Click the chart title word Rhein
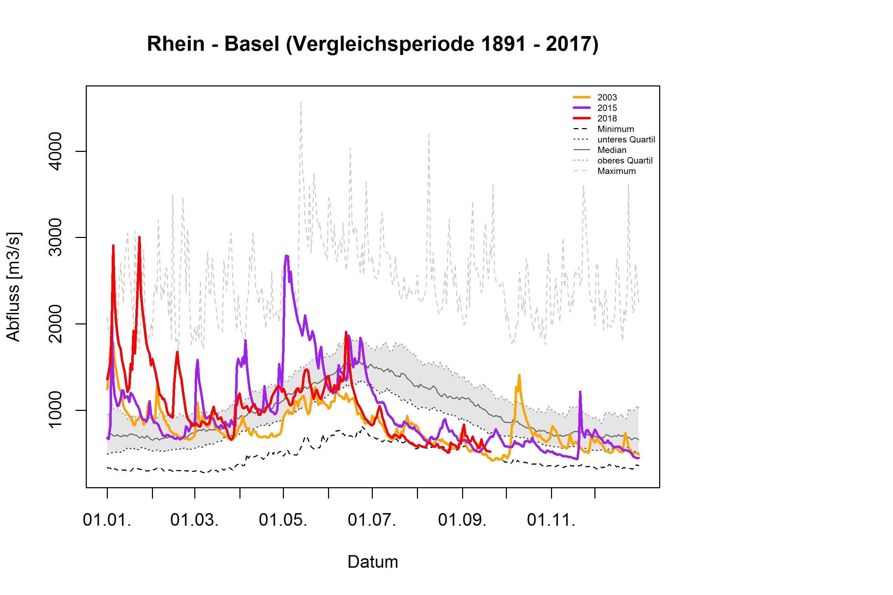click(x=175, y=44)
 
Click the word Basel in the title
click(x=252, y=44)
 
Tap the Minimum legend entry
click(x=615, y=129)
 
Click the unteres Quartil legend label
click(x=626, y=140)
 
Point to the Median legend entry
click(x=612, y=150)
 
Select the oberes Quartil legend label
click(x=625, y=161)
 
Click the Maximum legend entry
click(x=616, y=171)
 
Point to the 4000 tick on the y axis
click(x=55, y=152)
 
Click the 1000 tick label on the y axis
click(x=55, y=410)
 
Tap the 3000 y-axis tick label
click(x=55, y=238)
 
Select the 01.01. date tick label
click(x=107, y=520)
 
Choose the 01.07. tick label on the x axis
click(x=371, y=520)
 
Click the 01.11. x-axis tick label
click(x=551, y=520)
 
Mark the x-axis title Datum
click(x=372, y=562)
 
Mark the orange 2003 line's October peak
click(x=519, y=375)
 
